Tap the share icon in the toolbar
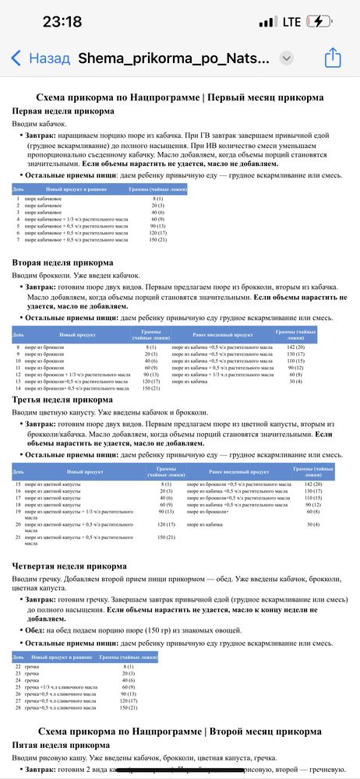(x=333, y=58)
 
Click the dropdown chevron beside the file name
(x=286, y=58)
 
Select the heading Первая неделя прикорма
(x=63, y=111)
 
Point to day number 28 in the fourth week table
(x=18, y=708)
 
